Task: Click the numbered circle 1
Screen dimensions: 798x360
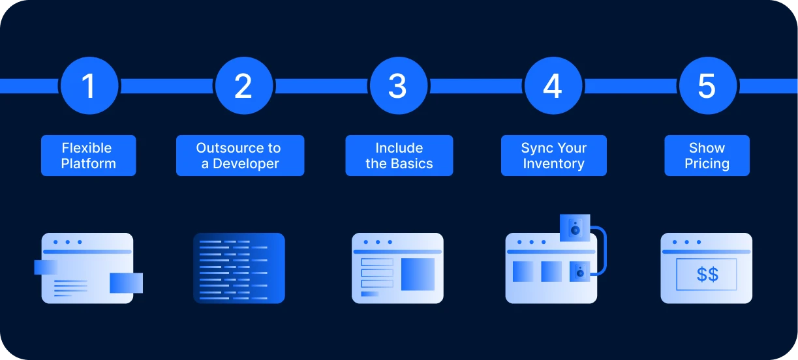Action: [89, 85]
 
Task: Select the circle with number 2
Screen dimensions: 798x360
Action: [244, 85]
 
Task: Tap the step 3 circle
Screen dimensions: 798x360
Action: [398, 85]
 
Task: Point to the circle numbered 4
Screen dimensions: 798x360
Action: [553, 85]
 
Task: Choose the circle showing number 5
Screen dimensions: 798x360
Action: [707, 85]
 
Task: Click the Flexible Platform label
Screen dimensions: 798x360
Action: [88, 155]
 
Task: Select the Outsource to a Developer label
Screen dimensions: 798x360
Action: [240, 155]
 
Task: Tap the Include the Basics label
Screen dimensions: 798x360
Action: [399, 155]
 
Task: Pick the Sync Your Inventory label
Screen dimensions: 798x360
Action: [553, 155]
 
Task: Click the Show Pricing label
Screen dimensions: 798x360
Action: [707, 155]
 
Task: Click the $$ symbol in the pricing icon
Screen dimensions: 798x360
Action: [707, 274]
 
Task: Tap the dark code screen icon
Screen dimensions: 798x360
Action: [239, 268]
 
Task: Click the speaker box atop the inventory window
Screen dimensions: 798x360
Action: [575, 228]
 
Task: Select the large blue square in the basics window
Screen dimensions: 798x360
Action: [418, 274]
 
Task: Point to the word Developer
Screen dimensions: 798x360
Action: [246, 164]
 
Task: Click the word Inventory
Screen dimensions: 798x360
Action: [553, 164]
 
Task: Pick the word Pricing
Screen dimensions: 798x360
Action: [707, 164]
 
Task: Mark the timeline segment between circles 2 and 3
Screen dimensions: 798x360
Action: [321, 86]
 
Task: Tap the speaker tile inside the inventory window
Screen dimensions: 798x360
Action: [579, 271]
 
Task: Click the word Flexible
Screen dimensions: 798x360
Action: [87, 148]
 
